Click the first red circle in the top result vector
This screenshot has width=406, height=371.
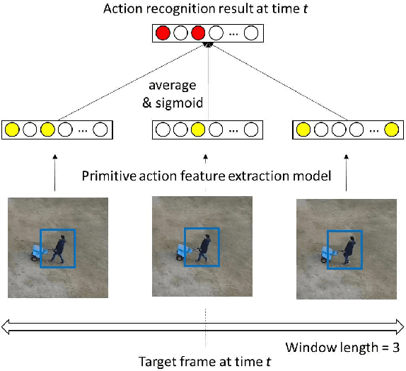(163, 33)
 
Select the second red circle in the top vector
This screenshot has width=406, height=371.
(197, 33)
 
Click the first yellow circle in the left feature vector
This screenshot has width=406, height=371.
(11, 130)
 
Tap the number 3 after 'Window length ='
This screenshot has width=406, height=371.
(395, 348)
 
